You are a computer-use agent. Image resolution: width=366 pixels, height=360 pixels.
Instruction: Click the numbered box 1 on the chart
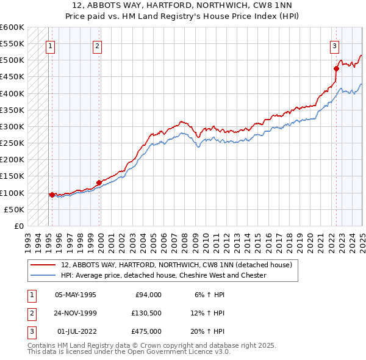pyautogui.click(x=49, y=45)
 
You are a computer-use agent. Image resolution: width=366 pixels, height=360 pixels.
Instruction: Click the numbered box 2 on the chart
pyautogui.click(x=98, y=45)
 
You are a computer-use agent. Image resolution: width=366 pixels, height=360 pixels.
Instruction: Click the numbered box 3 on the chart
pyautogui.click(x=335, y=45)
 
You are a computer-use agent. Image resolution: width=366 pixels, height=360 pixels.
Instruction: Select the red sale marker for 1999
pyautogui.click(x=99, y=182)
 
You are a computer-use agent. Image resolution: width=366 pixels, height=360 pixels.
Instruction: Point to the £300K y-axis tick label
pyautogui.click(x=12, y=127)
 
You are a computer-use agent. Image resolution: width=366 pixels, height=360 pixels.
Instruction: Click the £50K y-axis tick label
pyautogui.click(x=15, y=209)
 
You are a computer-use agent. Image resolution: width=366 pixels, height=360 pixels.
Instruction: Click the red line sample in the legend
pyautogui.click(x=44, y=265)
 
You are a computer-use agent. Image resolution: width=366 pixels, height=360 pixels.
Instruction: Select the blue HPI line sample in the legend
pyautogui.click(x=44, y=275)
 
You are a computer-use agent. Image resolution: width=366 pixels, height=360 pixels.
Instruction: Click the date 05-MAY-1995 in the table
pyautogui.click(x=76, y=295)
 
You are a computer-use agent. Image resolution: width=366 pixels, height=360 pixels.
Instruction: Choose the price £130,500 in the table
pyautogui.click(x=146, y=313)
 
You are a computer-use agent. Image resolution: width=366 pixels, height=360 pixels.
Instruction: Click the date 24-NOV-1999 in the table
pyautogui.click(x=76, y=313)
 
